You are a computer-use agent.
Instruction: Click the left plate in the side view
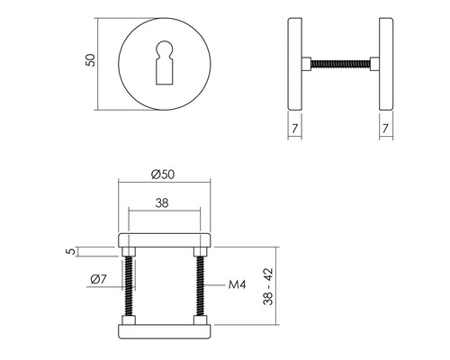301,61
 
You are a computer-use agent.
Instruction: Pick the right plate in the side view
385,61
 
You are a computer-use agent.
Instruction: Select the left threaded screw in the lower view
130,286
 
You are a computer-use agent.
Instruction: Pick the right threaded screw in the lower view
200,286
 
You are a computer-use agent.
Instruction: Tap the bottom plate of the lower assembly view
165,331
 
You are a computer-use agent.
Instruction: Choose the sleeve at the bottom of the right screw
200,321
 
